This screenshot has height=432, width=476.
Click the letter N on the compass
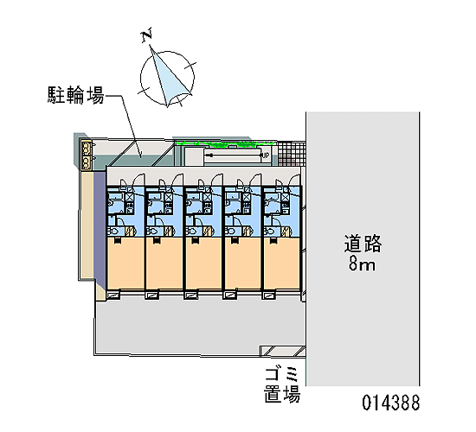(x=147, y=35)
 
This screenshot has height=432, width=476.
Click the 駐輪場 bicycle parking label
(x=76, y=95)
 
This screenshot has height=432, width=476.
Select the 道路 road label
(x=363, y=244)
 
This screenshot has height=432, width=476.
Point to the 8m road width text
(x=362, y=264)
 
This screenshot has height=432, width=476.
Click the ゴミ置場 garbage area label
(x=282, y=384)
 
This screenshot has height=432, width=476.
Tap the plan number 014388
(x=391, y=403)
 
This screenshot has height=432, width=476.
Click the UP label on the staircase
(x=266, y=156)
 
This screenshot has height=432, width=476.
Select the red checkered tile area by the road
(x=292, y=154)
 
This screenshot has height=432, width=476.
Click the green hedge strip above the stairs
(x=226, y=144)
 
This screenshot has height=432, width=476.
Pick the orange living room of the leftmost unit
(x=125, y=264)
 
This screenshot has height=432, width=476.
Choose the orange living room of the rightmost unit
(x=282, y=264)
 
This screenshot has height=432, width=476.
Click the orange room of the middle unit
(x=203, y=264)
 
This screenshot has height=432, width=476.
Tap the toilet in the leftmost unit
(x=114, y=231)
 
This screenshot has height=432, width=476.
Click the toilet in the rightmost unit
(x=270, y=231)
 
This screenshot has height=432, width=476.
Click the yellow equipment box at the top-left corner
(x=87, y=155)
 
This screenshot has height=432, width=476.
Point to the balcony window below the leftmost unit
(x=113, y=295)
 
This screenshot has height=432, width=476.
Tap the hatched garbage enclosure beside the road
(x=282, y=351)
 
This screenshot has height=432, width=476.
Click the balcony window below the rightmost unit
(x=269, y=295)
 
